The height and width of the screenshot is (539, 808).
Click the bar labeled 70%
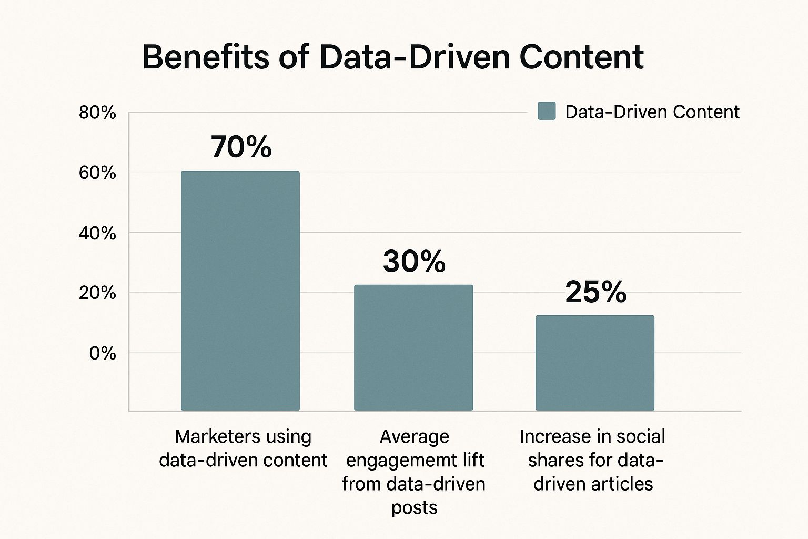click(240, 291)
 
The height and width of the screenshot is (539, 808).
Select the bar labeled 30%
click(413, 347)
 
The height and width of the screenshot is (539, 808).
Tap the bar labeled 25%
click(595, 363)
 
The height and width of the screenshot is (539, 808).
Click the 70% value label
click(241, 147)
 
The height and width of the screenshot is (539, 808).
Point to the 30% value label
click(415, 261)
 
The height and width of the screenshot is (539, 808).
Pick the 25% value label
click(596, 292)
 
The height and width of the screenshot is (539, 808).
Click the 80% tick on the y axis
click(97, 113)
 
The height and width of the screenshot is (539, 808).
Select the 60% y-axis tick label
click(97, 173)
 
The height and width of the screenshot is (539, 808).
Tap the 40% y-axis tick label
click(97, 233)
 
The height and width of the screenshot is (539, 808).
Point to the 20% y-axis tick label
click(97, 293)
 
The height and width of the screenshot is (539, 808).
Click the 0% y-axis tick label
click(103, 353)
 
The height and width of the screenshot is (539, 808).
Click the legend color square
click(547, 112)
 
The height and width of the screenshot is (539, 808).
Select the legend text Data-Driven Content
click(652, 112)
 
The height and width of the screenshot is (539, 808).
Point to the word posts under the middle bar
click(415, 507)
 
